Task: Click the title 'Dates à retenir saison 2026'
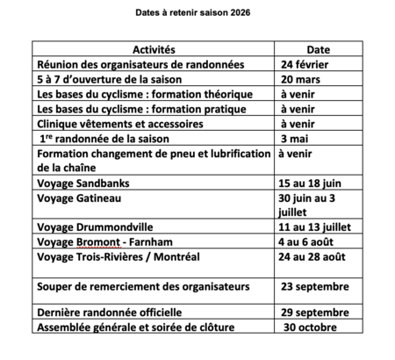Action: point(197,14)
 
